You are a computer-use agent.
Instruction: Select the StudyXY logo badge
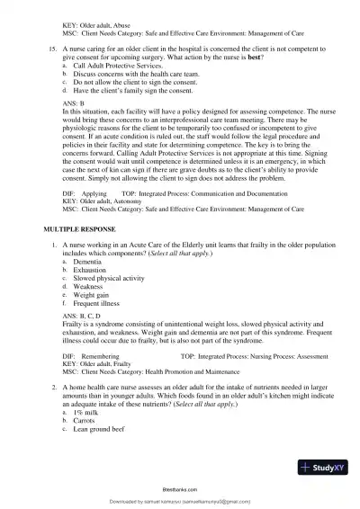pyautogui.click(x=321, y=468)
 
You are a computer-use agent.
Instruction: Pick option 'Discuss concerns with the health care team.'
pyautogui.click(x=131, y=74)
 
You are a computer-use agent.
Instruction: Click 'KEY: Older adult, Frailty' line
pyautogui.click(x=99, y=363)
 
